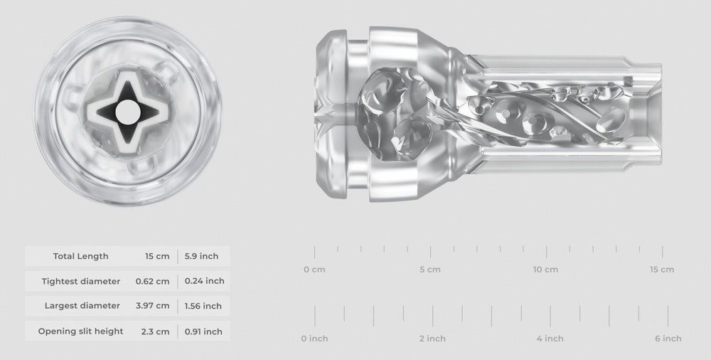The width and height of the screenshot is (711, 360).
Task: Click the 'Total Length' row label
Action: pyautogui.click(x=80, y=256)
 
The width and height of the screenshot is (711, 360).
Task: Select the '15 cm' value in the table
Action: pyautogui.click(x=158, y=256)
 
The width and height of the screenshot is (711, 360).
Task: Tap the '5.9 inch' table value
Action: pyautogui.click(x=201, y=256)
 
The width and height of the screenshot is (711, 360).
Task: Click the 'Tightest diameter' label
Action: pyautogui.click(x=80, y=281)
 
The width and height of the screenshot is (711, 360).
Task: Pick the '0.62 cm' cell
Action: pyautogui.click(x=152, y=281)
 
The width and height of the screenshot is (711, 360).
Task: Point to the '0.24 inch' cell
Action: pyautogui.click(x=204, y=281)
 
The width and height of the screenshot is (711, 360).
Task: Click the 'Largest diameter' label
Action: pyautogui.click(x=82, y=306)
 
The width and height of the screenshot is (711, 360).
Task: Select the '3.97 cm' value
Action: pyautogui.click(x=152, y=306)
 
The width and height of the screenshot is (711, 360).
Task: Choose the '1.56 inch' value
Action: pyautogui.click(x=203, y=306)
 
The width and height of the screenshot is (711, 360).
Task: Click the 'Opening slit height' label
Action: pyautogui.click(x=80, y=331)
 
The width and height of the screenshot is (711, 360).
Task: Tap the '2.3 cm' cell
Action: pyautogui.click(x=156, y=331)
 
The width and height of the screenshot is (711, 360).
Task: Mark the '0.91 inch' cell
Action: pyautogui.click(x=203, y=331)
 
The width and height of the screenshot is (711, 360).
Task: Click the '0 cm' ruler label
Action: pyautogui.click(x=314, y=270)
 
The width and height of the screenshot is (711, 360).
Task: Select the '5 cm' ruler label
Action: pyautogui.click(x=430, y=270)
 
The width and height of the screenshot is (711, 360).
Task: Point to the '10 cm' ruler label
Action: pyautogui.click(x=546, y=270)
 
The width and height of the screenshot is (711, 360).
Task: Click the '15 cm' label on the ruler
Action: pyautogui.click(x=662, y=270)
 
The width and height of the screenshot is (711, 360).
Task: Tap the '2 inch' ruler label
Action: pyautogui.click(x=432, y=339)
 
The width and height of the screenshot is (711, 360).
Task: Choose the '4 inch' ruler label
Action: pyautogui.click(x=550, y=339)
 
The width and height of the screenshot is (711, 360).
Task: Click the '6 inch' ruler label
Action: pyautogui.click(x=668, y=339)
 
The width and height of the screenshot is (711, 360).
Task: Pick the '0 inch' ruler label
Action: pyautogui.click(x=314, y=339)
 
